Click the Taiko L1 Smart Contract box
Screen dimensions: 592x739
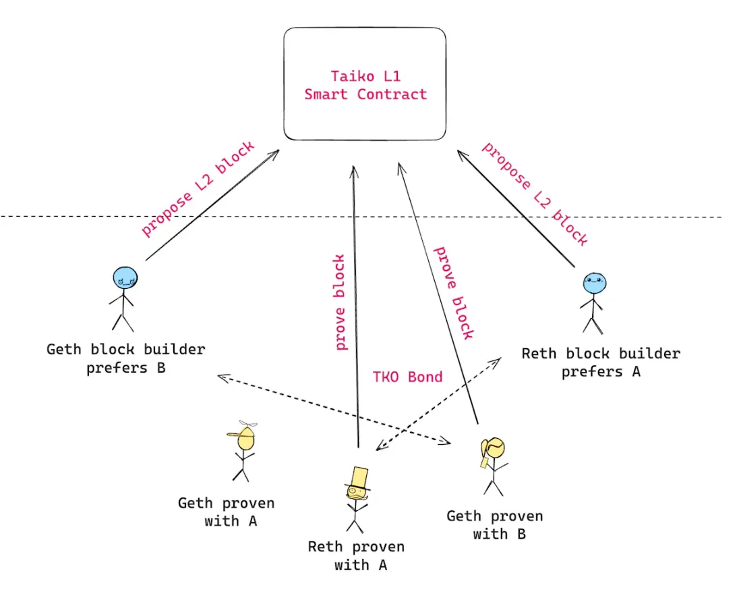pyautogui.click(x=365, y=84)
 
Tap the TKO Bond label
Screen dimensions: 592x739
pyautogui.click(x=407, y=377)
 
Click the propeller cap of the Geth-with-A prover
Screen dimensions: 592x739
pyautogui.click(x=245, y=433)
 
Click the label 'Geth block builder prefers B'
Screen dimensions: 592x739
pyautogui.click(x=125, y=359)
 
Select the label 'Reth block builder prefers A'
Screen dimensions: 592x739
pyautogui.click(x=601, y=362)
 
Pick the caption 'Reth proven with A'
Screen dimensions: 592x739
pyautogui.click(x=356, y=556)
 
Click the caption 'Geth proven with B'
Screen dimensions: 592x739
pyautogui.click(x=494, y=525)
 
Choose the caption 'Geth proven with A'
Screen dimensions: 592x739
pyautogui.click(x=227, y=512)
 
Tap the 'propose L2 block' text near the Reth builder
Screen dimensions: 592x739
pyautogui.click(x=534, y=194)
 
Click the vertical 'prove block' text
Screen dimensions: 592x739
pyautogui.click(x=340, y=302)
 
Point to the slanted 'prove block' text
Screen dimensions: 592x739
pyautogui.click(x=453, y=292)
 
